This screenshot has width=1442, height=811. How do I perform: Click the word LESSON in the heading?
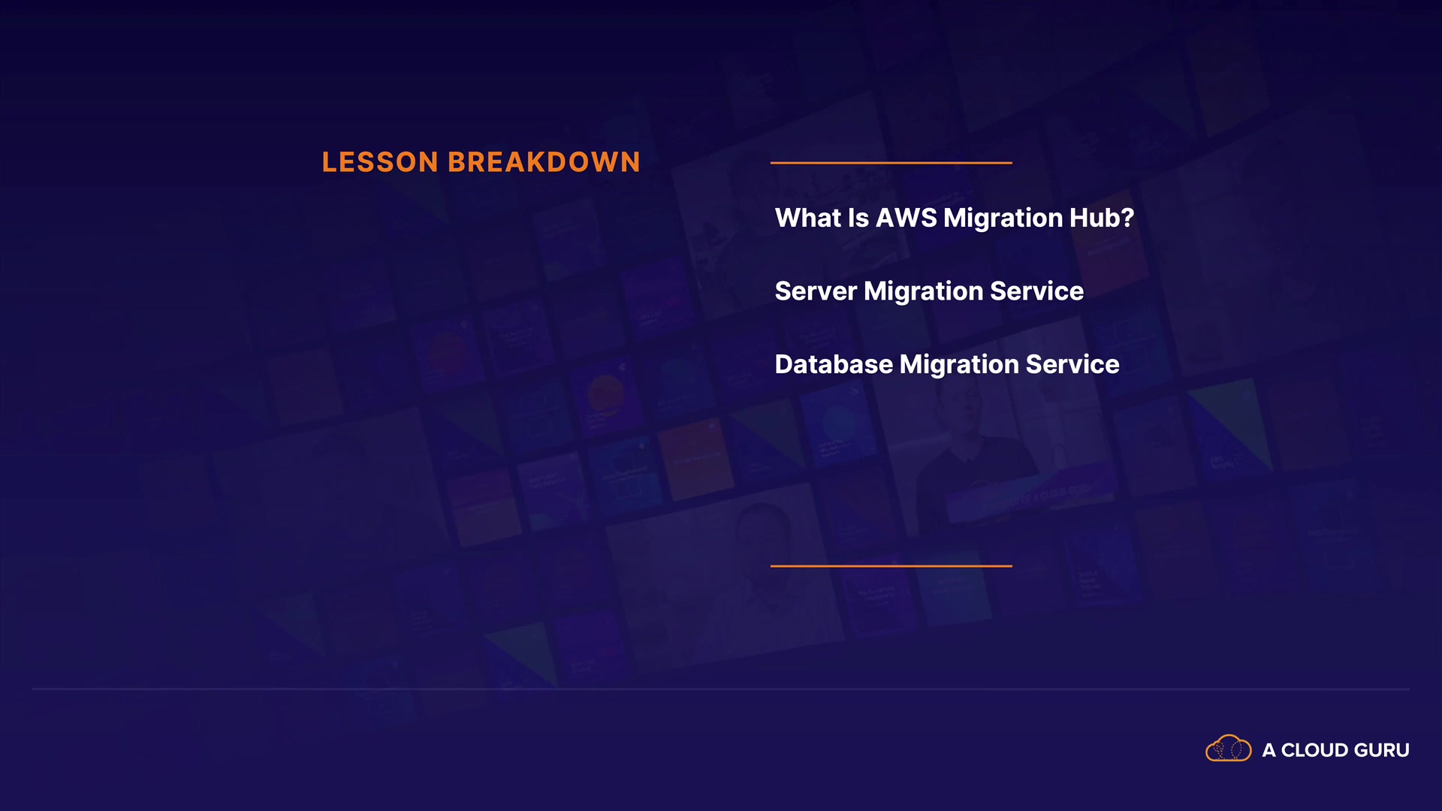coord(380,162)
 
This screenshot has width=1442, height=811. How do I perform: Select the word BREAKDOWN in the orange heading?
coord(544,162)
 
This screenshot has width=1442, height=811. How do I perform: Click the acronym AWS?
coord(907,218)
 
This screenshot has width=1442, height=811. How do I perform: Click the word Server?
coord(816,291)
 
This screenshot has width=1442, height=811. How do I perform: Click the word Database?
coord(834,364)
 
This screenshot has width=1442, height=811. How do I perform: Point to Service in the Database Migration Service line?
coord(1072,364)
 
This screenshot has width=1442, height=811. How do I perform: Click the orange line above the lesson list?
coord(891,162)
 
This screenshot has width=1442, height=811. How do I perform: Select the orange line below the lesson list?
coord(891,566)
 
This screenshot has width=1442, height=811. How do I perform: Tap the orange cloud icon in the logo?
coord(1229,749)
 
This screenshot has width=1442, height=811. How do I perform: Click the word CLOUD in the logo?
coord(1314,750)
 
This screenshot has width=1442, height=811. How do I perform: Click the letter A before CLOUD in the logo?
coord(1269,750)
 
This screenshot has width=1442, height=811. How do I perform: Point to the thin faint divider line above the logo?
coord(721,689)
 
